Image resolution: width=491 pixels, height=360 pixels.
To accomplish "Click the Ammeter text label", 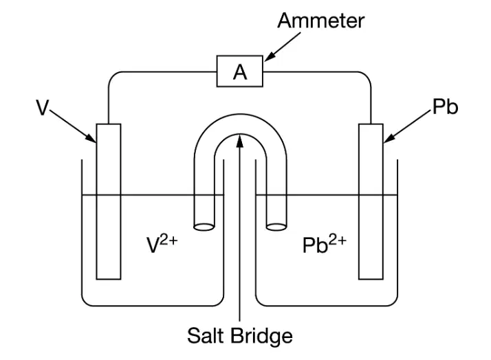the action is [x=320, y=21].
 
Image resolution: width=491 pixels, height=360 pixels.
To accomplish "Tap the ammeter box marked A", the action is [x=240, y=71].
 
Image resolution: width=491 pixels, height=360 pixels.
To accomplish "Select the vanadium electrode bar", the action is [x=109, y=202].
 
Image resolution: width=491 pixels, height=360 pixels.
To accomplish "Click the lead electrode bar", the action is [x=371, y=202].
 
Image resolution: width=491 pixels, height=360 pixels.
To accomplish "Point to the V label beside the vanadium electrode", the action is [x=42, y=107].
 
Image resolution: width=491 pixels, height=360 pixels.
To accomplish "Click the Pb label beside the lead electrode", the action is [x=445, y=106].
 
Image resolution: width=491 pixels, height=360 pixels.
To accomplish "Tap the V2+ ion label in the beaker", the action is [x=162, y=245].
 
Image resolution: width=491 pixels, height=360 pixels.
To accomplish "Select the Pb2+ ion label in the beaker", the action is [x=325, y=245].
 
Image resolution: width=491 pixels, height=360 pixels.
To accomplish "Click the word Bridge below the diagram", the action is [x=262, y=336].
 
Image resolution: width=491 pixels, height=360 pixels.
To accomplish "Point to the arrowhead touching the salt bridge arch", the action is [x=240, y=140].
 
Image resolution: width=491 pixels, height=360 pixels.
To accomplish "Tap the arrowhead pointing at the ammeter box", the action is [x=270, y=56].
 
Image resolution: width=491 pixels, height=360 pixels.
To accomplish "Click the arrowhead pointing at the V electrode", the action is [x=91, y=138].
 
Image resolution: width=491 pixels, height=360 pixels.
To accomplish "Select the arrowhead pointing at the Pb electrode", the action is [x=389, y=138].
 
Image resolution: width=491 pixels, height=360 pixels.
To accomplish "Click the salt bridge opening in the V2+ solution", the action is [x=204, y=227].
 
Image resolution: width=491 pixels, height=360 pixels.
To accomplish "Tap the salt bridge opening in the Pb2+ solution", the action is [x=276, y=227].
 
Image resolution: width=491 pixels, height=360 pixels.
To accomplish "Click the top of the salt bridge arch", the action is [x=240, y=115].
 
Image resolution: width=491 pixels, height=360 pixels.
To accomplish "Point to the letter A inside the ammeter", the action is [x=240, y=72].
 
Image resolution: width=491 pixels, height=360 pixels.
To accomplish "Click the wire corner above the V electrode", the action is [x=112, y=76].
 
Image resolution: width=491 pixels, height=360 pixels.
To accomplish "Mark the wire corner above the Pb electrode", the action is [x=368, y=76].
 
